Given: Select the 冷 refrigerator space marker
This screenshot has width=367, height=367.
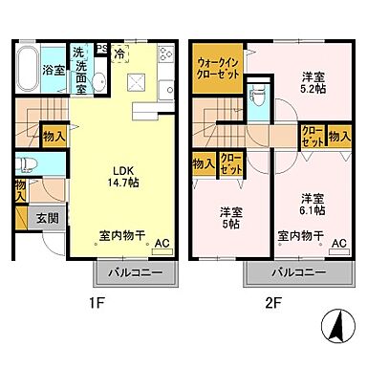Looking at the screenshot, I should [x=119, y=54].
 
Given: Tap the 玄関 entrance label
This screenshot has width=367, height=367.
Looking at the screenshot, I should [x=45, y=217].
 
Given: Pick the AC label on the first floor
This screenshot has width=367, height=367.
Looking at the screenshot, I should [x=162, y=244].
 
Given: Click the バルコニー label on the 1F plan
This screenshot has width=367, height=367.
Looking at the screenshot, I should [x=133, y=273].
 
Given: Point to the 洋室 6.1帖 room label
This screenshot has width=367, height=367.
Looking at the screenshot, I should [x=313, y=203].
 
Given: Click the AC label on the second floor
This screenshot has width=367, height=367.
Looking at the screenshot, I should [x=338, y=244].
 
